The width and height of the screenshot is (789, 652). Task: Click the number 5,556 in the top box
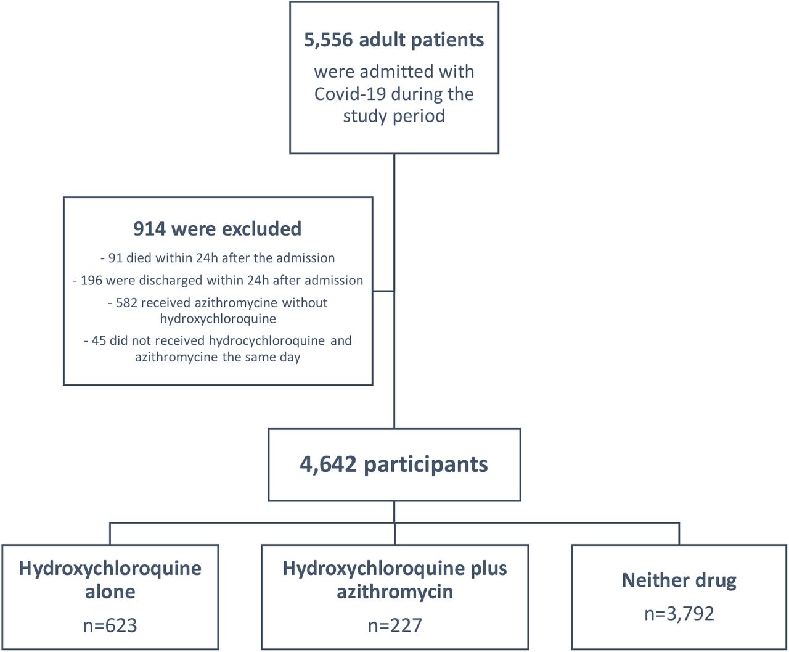329,40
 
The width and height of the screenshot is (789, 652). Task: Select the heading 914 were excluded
217,229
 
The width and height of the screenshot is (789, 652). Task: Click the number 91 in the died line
115,258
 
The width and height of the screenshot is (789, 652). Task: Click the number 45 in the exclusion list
99,340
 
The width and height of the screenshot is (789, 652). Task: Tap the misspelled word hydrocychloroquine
267,340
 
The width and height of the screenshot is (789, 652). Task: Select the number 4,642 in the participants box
328,465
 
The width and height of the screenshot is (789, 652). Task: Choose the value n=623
110,625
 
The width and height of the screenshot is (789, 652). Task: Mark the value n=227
395,625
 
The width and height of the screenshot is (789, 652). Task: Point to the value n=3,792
679,613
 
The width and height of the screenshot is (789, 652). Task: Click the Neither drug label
679,580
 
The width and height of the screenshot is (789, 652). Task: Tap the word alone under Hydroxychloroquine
110,592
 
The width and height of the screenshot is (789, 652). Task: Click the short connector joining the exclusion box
383,291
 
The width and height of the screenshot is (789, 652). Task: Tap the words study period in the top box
394,116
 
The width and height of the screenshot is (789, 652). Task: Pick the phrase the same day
261,357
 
